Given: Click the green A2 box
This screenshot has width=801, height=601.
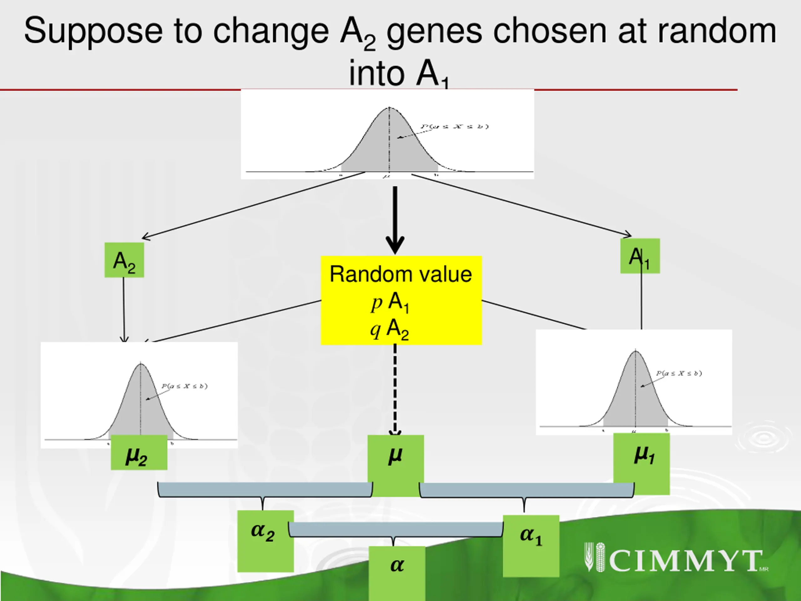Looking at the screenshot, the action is tap(124, 260).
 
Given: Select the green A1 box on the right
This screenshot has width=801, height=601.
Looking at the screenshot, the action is tap(640, 256).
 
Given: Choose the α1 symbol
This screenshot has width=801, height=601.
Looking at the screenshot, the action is tap(531, 536).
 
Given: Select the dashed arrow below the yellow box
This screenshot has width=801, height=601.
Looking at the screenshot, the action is tap(395, 389).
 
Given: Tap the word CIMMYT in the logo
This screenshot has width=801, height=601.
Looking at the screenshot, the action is tap(686, 561).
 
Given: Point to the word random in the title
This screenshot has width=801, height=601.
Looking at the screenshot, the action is tap(717, 32).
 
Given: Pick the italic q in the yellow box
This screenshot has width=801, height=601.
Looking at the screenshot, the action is tap(375, 330).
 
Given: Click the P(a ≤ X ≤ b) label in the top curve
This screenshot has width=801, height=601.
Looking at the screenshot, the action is tap(454, 126).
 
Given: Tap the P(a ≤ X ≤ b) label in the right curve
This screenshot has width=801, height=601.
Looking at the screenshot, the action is tap(679, 373).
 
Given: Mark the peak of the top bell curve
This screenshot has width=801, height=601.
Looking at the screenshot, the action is tap(389, 108).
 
